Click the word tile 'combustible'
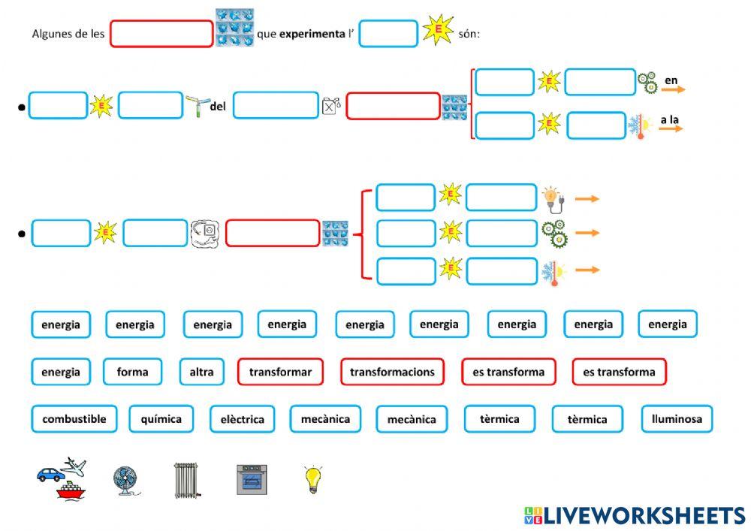(x=74, y=419)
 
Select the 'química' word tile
(x=161, y=419)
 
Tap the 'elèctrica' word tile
(x=242, y=419)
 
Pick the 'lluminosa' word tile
(x=677, y=419)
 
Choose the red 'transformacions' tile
(x=392, y=372)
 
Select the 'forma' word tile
(x=132, y=372)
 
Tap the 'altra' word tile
(x=201, y=372)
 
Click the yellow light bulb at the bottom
(x=313, y=479)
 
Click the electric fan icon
(x=125, y=481)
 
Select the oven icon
(x=253, y=478)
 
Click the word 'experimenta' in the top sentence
(x=312, y=34)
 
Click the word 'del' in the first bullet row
(x=218, y=107)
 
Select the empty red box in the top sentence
(x=161, y=34)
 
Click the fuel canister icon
(x=331, y=107)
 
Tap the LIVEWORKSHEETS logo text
(x=644, y=515)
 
